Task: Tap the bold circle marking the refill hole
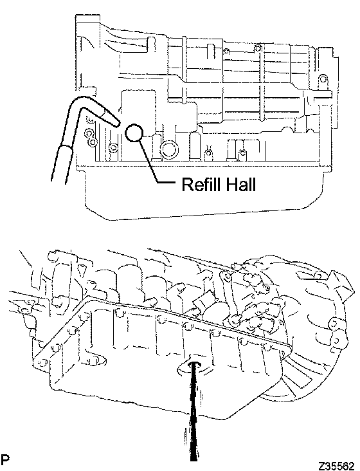click(134, 133)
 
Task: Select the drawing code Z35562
click(336, 466)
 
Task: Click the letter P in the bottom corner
click(5, 459)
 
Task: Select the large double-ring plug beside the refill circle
click(169, 150)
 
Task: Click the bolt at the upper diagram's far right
click(323, 79)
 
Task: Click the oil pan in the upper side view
click(204, 192)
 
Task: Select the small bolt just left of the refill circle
click(113, 147)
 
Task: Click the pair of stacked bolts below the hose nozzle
click(91, 136)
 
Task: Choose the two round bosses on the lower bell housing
click(334, 333)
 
